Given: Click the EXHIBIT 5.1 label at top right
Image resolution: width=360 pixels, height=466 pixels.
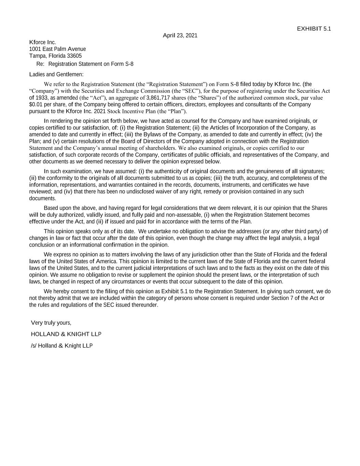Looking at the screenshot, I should [x=314, y=29].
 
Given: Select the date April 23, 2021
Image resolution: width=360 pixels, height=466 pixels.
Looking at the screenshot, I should [x=180, y=36].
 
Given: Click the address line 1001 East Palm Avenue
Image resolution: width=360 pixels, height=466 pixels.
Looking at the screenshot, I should [x=57, y=49].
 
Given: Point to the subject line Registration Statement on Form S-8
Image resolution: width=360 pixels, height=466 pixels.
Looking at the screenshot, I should [x=91, y=64].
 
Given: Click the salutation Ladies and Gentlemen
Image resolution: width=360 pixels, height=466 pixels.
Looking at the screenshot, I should [x=56, y=74].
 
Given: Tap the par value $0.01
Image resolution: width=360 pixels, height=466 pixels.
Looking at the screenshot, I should [x=35, y=104].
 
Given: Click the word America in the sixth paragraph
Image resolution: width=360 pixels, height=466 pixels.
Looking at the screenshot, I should [x=107, y=261].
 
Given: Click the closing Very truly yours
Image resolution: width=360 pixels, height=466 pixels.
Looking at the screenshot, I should [x=51, y=323].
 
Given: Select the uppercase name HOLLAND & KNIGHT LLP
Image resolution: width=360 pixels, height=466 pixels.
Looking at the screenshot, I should [x=66, y=334].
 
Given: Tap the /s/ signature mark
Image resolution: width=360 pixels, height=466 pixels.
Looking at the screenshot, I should [x=33, y=345].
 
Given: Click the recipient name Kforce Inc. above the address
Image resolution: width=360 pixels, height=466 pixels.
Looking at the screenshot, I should [x=42, y=42].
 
